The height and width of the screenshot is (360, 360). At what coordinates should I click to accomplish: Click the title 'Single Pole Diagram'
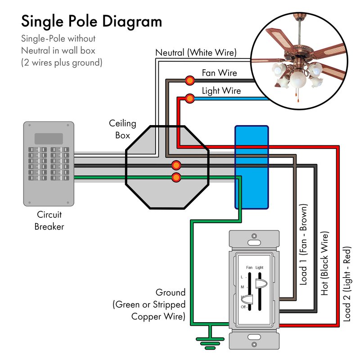[91, 21]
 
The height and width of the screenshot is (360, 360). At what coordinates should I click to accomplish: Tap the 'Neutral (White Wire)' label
[196, 53]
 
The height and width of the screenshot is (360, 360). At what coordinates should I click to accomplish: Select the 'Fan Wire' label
[219, 72]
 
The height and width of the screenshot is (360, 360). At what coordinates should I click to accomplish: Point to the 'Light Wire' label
[221, 91]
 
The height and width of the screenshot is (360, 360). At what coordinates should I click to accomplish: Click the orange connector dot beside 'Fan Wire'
[189, 81]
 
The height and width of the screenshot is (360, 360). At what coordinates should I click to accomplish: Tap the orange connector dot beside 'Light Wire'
[190, 98]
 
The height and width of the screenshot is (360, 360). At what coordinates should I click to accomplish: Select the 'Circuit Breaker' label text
[49, 220]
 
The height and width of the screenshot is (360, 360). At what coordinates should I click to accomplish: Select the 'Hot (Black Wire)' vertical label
[325, 264]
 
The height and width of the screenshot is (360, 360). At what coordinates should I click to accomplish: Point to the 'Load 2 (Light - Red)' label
[346, 283]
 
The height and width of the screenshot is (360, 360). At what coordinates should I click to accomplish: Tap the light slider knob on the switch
[260, 283]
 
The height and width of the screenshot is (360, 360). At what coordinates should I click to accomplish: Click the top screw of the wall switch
[254, 236]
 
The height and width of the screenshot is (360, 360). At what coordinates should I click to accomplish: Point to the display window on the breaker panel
[49, 138]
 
